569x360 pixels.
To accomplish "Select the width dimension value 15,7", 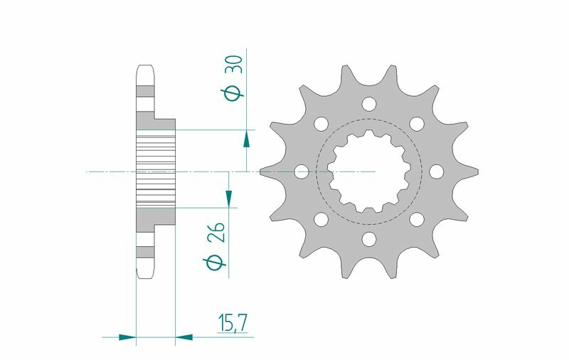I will pos(232,324).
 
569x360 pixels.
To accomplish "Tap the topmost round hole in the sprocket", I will pos(368,104).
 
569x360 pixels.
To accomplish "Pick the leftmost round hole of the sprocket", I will pos(301,171).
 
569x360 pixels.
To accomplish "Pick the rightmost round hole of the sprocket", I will pos(436,171).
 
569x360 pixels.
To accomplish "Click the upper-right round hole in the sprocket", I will pos(416,124).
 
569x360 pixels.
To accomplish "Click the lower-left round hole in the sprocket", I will pos(321,220).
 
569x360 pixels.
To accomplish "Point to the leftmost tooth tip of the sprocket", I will pos(262,171).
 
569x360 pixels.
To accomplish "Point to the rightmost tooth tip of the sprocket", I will pos(476,171).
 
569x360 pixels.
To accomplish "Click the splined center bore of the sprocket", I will pos(368,171).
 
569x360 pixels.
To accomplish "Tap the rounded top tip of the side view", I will pos(144,68).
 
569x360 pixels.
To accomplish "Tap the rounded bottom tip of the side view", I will pos(144,275).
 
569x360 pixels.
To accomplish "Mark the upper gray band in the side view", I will pos(144,92).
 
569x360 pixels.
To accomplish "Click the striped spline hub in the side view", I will pos(155,171).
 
